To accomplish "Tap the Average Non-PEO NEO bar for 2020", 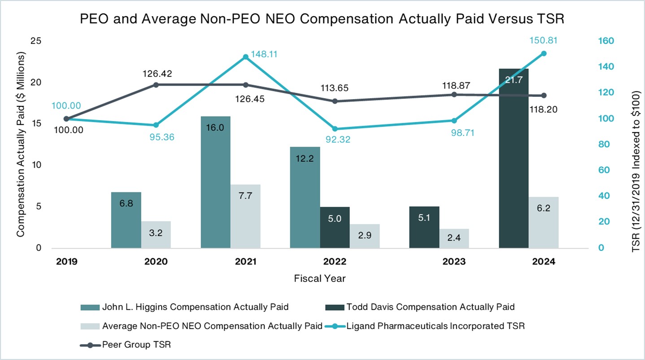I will pyautogui.click(x=156, y=234).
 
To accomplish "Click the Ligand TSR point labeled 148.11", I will pyautogui.click(x=245, y=57).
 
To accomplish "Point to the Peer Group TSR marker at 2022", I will pyautogui.click(x=335, y=101).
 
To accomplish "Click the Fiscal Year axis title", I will pyautogui.click(x=320, y=278).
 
